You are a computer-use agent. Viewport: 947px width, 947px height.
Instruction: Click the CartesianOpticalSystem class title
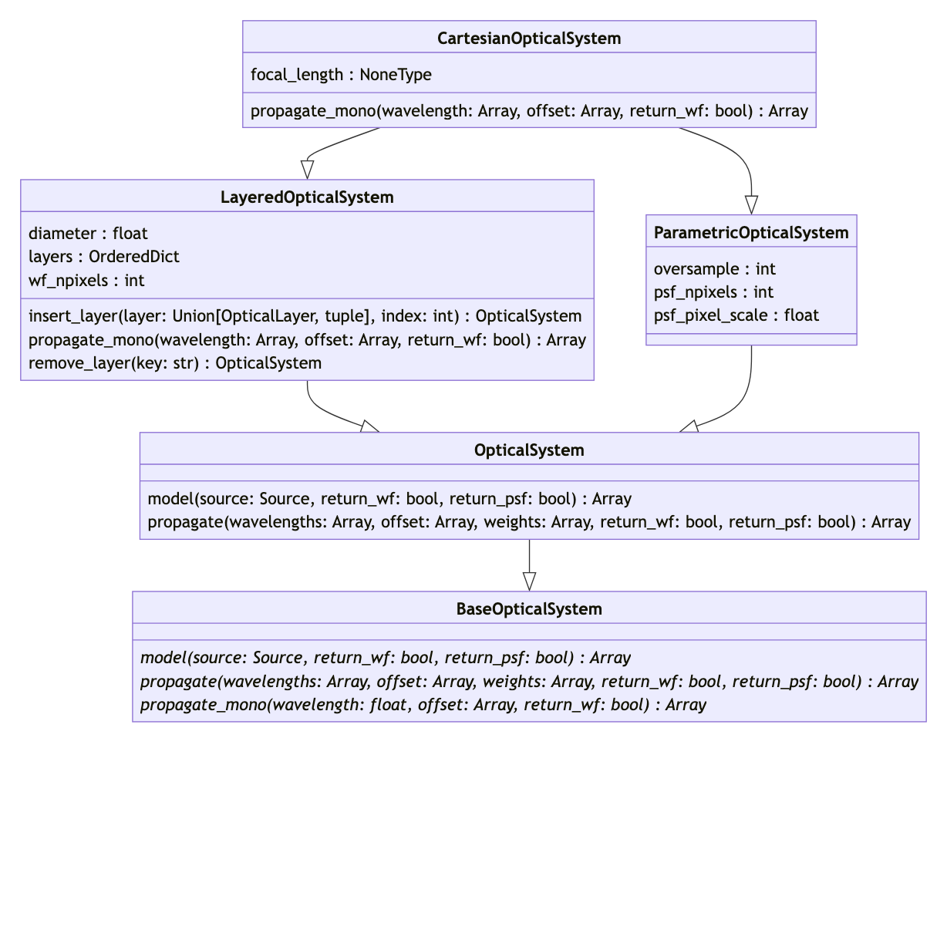[529, 39]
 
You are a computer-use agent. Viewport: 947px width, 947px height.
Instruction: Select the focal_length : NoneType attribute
[341, 75]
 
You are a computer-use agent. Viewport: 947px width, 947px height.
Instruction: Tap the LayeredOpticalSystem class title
[307, 197]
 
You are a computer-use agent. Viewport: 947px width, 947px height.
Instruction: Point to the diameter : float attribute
[88, 234]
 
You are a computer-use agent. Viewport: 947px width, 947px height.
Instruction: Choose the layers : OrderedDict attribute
[103, 257]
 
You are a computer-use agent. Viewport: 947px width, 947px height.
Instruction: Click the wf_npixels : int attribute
[86, 281]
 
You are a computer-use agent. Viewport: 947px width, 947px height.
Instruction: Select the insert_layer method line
[305, 316]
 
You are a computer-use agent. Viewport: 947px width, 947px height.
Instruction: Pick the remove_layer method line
[175, 363]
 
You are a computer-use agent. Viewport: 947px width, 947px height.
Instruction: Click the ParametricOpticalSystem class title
[751, 233]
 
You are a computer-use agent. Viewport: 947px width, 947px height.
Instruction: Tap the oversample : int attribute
[714, 269]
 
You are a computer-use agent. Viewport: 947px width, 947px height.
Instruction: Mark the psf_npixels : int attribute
[713, 292]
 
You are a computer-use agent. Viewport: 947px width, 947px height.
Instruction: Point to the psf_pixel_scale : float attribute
[736, 315]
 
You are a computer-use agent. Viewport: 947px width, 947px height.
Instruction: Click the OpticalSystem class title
[529, 450]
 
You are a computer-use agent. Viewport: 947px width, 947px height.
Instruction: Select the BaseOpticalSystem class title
[529, 609]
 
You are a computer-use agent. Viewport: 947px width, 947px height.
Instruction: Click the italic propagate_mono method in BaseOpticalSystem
[423, 705]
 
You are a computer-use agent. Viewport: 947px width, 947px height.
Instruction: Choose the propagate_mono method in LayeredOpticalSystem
[307, 340]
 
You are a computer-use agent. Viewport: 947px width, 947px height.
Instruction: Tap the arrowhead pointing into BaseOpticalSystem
[529, 582]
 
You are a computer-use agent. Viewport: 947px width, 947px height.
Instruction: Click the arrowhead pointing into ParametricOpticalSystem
[751, 205]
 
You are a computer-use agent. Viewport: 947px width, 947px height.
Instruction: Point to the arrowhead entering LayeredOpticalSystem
[307, 170]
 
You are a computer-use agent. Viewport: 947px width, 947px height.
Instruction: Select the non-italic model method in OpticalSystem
[389, 499]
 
